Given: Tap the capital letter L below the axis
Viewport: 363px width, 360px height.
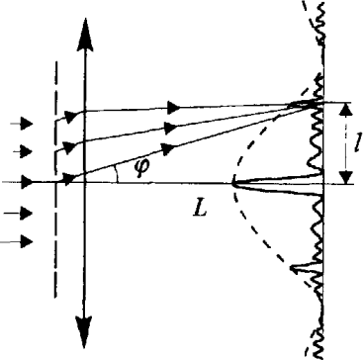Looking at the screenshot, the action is tap(200, 208).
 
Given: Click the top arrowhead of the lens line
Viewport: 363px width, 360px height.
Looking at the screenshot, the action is tap(85, 35).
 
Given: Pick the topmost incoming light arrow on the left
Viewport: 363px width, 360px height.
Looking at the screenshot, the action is tap(22, 124).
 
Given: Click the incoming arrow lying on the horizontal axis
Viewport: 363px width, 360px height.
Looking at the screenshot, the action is tap(17, 182).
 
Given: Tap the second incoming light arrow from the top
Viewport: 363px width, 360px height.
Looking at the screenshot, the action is tap(23, 151).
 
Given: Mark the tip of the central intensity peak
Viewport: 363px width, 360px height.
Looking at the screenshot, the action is tap(232, 184).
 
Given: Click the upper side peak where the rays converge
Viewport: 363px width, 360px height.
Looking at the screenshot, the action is tap(289, 105).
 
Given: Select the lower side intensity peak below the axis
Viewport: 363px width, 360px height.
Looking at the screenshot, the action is tap(292, 268).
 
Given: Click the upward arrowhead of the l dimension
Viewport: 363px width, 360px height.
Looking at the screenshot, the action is tap(345, 111).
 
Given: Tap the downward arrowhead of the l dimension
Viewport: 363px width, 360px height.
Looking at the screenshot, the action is tap(346, 177).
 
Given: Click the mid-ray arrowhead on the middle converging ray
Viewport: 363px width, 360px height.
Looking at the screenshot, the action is tap(170, 128).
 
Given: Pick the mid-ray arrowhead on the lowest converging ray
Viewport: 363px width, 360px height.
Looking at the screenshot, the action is tap(167, 148).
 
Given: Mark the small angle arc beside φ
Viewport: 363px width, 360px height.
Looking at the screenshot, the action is tap(117, 173).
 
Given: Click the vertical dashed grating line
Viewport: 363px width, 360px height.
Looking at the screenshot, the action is tap(55, 180).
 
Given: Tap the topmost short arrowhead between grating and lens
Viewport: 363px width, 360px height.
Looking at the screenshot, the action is tap(70, 117).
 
